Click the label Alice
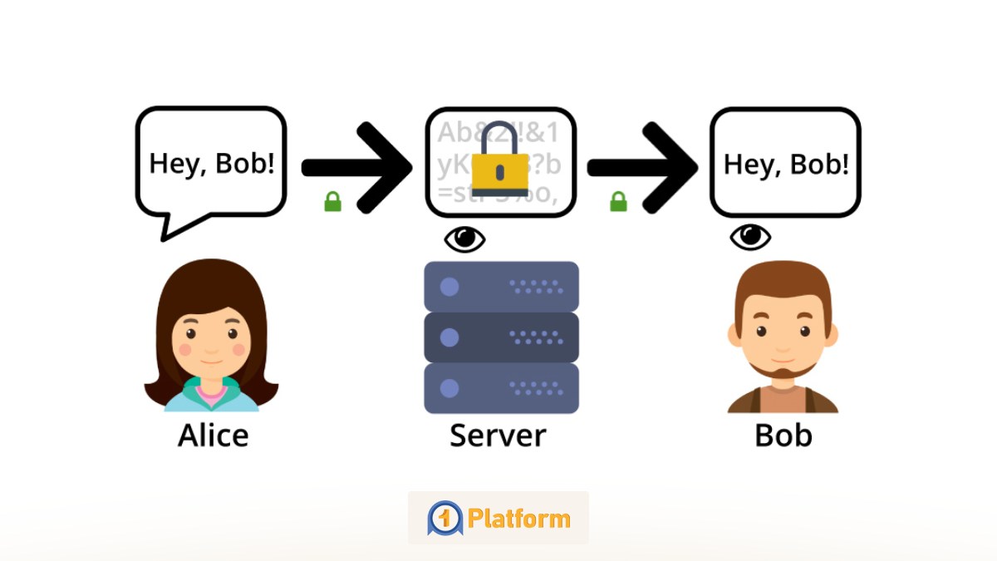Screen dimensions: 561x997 [213, 436]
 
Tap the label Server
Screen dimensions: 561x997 [498, 436]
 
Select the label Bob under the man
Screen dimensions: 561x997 [783, 436]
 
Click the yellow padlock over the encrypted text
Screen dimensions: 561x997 [499, 163]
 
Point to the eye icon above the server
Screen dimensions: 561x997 [464, 239]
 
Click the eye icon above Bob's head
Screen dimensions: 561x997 [750, 238]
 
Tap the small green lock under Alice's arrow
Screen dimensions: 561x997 [332, 202]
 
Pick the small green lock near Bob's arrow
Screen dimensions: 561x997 [618, 202]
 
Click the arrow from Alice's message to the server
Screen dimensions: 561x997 [357, 167]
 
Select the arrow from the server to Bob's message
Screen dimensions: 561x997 [643, 167]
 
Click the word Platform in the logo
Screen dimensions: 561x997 [518, 519]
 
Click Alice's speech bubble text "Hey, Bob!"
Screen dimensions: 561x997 [211, 163]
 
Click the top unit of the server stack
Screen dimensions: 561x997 [501, 287]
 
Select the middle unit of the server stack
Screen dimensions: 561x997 [501, 337]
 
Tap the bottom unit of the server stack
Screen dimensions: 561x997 [501, 388]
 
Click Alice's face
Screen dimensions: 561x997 [211, 341]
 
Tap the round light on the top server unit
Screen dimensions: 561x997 [449, 287]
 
